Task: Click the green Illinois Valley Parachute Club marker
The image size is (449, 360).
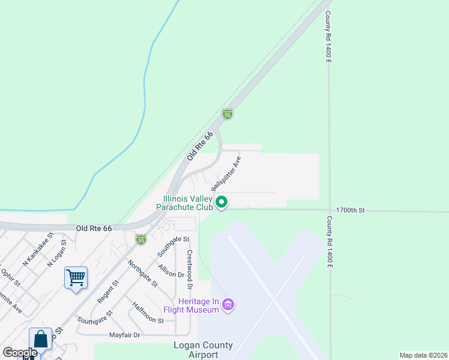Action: pyautogui.click(x=221, y=202)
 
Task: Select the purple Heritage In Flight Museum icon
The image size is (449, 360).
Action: pyautogui.click(x=228, y=305)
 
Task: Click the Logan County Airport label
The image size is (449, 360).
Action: pyautogui.click(x=195, y=350)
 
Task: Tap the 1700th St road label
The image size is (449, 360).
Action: pyautogui.click(x=351, y=211)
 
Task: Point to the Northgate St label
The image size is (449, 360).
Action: pyautogui.click(x=143, y=273)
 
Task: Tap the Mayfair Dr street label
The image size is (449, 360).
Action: pyautogui.click(x=124, y=335)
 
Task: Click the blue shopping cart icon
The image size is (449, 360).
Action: pyautogui.click(x=76, y=278)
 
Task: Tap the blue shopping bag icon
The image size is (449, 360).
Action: pyautogui.click(x=40, y=339)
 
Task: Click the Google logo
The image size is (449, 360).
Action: pyautogui.click(x=20, y=353)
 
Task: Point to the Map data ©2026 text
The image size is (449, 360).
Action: pyautogui.click(x=423, y=355)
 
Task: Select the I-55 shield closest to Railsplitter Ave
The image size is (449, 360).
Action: pyautogui.click(x=227, y=113)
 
